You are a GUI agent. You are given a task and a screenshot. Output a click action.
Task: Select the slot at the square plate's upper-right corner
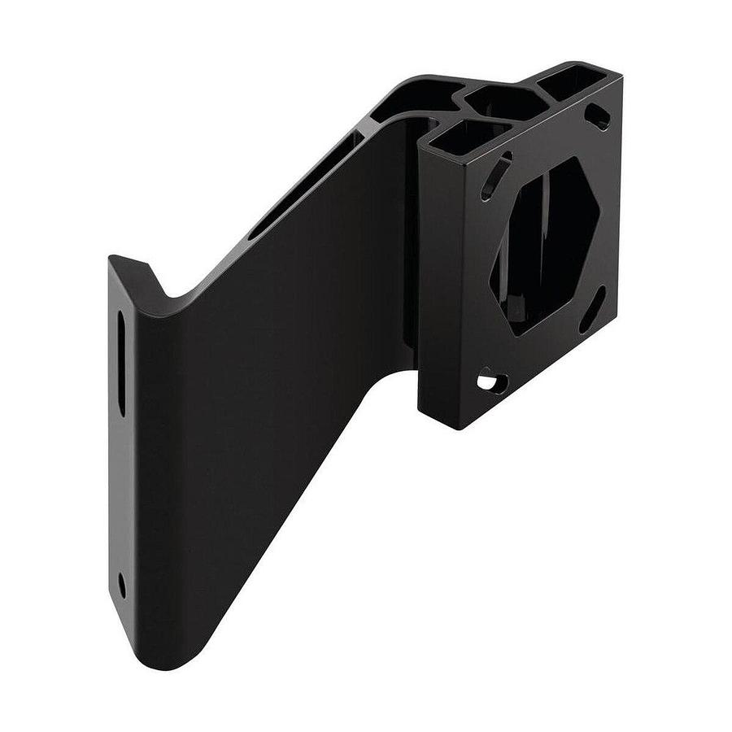[598, 116]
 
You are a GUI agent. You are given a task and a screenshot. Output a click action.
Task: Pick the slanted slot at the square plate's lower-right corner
[591, 310]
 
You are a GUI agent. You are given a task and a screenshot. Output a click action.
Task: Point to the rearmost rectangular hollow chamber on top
[573, 82]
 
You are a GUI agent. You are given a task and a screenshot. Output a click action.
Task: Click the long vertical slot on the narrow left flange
[121, 363]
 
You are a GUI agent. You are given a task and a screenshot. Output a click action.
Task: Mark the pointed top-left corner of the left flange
[111, 259]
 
